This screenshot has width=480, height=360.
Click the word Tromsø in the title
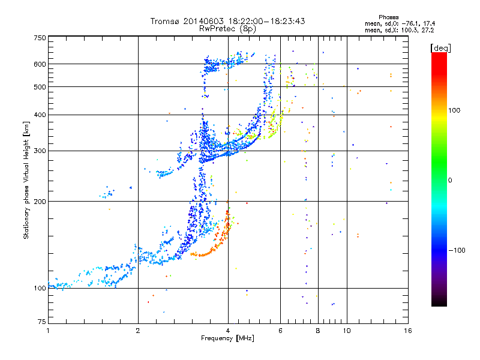(x=166, y=21)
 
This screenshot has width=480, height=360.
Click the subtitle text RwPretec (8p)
(x=227, y=29)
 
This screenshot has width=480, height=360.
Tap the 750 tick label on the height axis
(x=40, y=38)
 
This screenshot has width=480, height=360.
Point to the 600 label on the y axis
(x=40, y=64)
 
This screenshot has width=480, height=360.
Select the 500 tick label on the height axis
(x=40, y=87)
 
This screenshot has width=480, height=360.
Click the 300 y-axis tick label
(x=40, y=151)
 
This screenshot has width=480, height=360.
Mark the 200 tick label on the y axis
(x=40, y=202)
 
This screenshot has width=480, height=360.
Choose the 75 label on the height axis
(x=41, y=322)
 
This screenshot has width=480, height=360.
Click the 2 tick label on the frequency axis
(x=138, y=331)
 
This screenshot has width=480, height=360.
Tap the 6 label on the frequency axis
(x=280, y=331)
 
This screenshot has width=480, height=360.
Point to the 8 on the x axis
(x=318, y=331)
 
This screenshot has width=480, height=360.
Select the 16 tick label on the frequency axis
(x=408, y=331)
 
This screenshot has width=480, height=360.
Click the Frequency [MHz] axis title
(x=227, y=338)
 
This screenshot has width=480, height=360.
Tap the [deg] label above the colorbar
(x=440, y=48)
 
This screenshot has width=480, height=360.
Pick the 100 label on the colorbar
(x=454, y=110)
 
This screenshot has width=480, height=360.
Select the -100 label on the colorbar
(x=457, y=250)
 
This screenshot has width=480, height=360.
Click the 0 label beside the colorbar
(x=450, y=181)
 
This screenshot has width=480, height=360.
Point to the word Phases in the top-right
(x=389, y=17)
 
